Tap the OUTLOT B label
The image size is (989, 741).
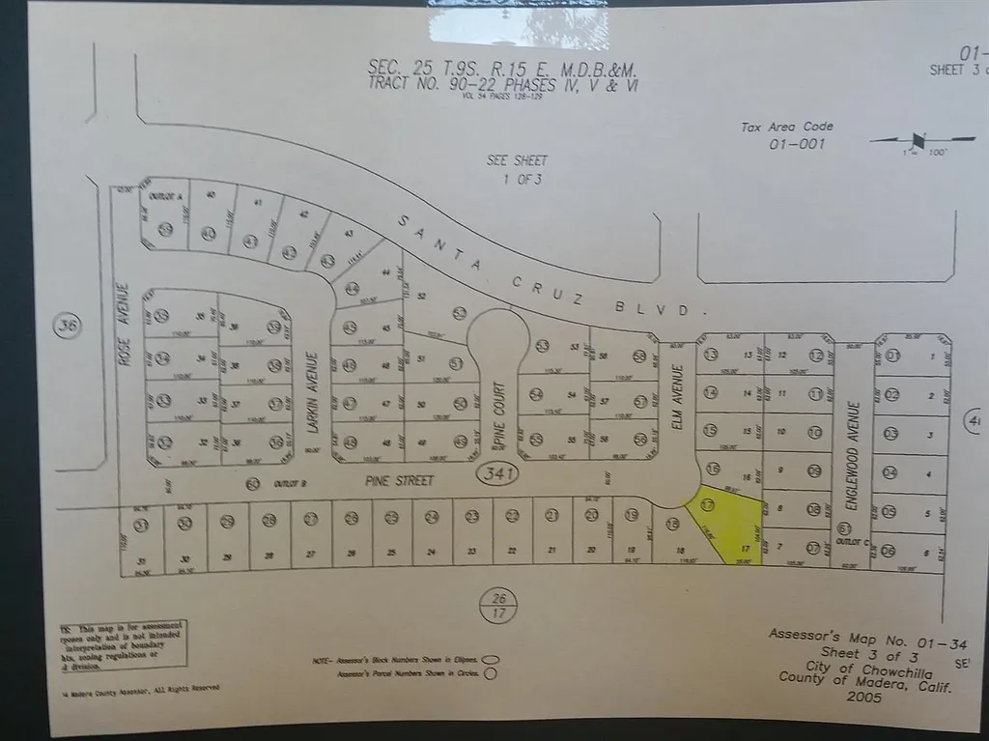coord(290,483)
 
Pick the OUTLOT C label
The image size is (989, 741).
coord(848,542)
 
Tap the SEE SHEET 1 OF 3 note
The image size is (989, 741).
coord(516,169)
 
